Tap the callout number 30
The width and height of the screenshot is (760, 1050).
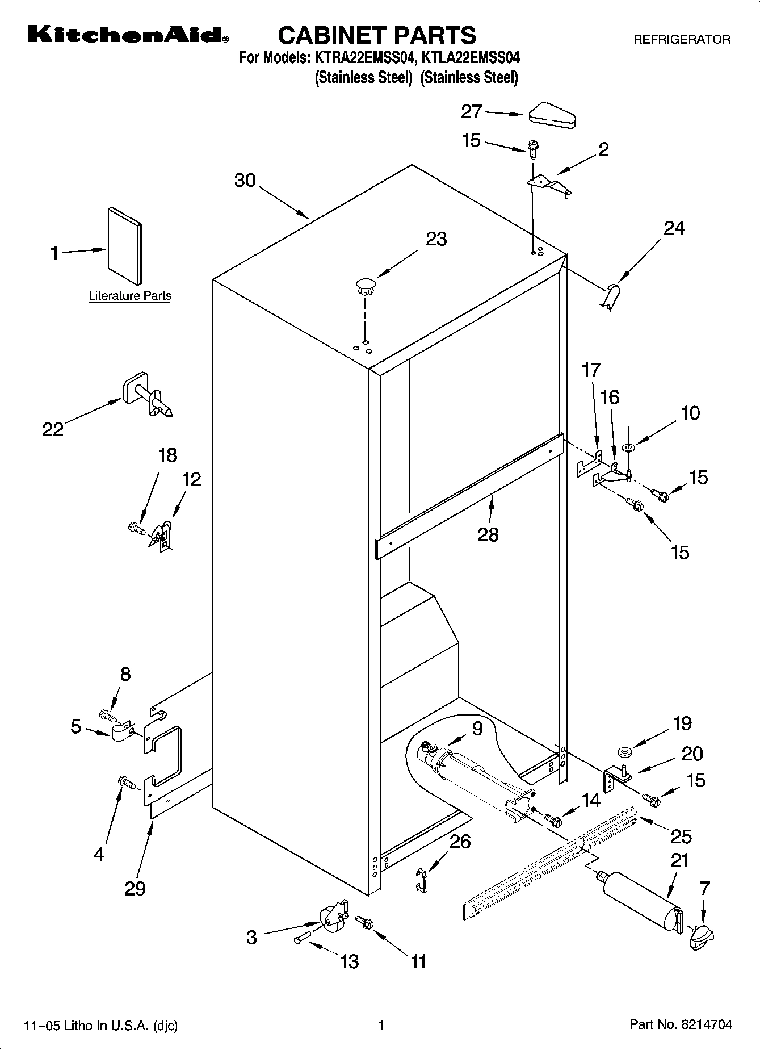[x=245, y=181]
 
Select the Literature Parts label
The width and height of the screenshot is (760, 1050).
[x=130, y=296]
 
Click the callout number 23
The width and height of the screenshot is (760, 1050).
[x=436, y=239]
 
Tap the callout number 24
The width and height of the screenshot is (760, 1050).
[x=674, y=228]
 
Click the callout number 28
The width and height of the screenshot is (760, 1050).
[x=488, y=534]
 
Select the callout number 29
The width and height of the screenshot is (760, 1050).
[x=135, y=888]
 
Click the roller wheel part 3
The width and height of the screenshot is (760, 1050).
[x=330, y=918]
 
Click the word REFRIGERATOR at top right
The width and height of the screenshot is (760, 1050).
[x=682, y=40]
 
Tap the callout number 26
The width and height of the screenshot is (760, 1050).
[x=460, y=841]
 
